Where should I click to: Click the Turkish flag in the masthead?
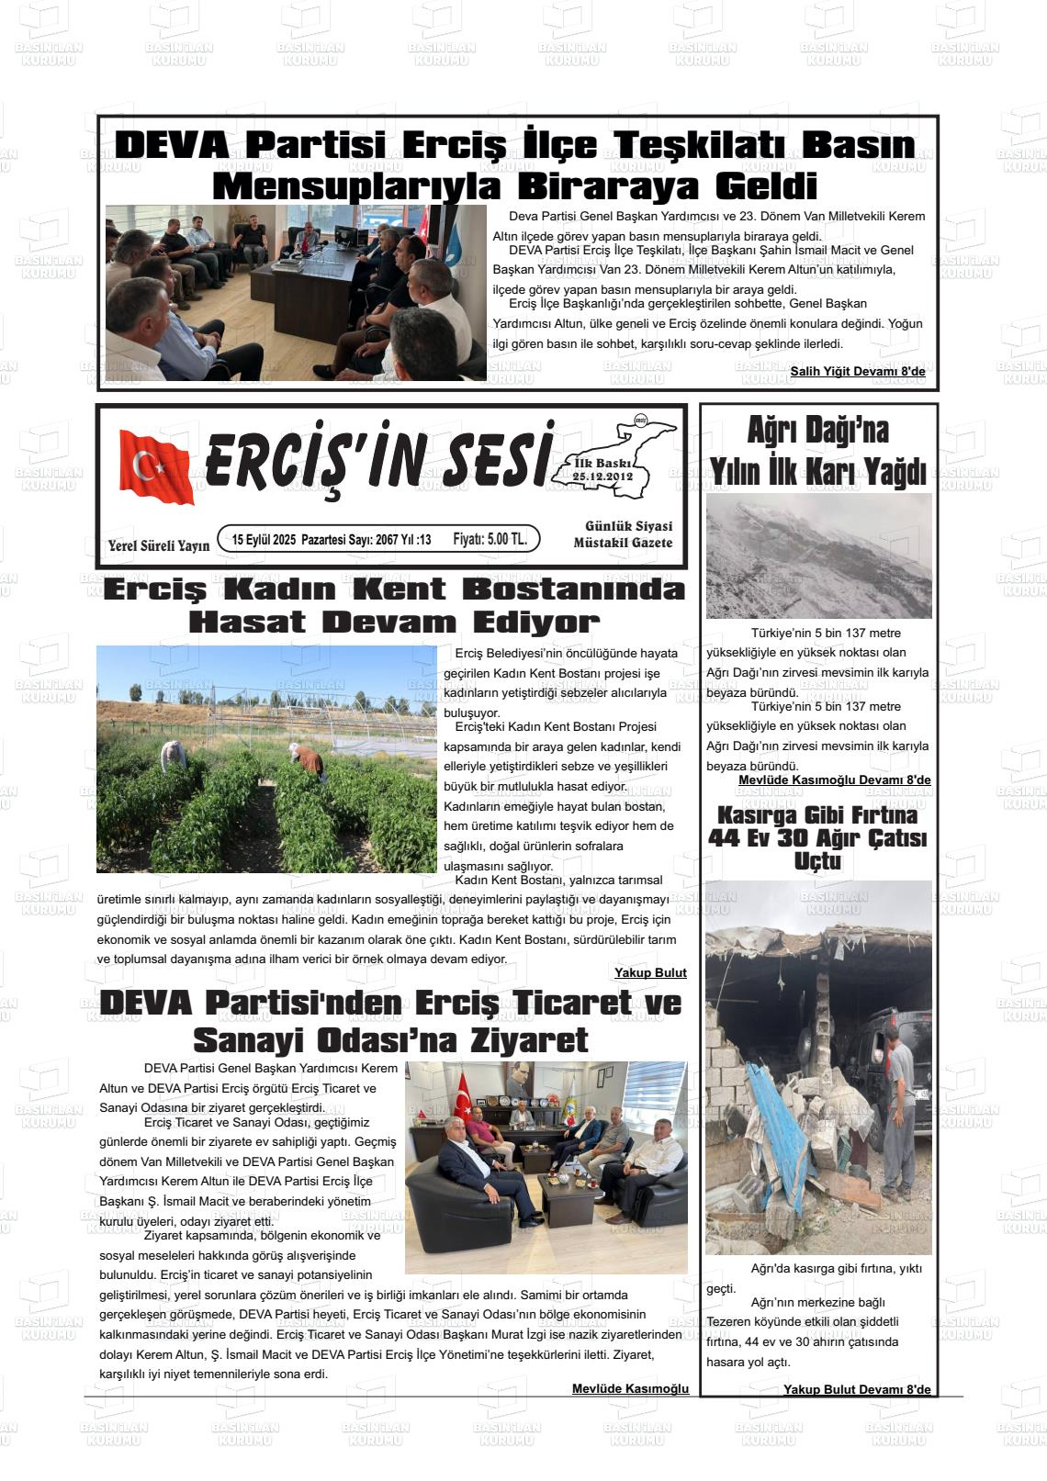[156, 466]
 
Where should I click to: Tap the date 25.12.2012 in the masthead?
[602, 477]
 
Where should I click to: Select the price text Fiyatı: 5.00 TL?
[490, 539]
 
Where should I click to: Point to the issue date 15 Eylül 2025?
[264, 540]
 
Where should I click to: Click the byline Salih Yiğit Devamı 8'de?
[857, 371]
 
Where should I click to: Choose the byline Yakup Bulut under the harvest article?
[650, 972]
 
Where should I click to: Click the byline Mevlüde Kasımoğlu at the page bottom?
[630, 1388]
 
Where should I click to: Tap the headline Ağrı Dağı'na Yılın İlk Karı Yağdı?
[817, 451]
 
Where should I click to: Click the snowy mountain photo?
[818, 555]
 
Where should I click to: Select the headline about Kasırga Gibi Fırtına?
[817, 837]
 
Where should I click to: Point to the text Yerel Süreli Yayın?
[158, 545]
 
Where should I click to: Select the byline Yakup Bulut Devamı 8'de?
[856, 1389]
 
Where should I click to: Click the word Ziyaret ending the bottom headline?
[528, 1040]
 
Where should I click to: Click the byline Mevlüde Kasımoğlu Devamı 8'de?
[834, 780]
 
